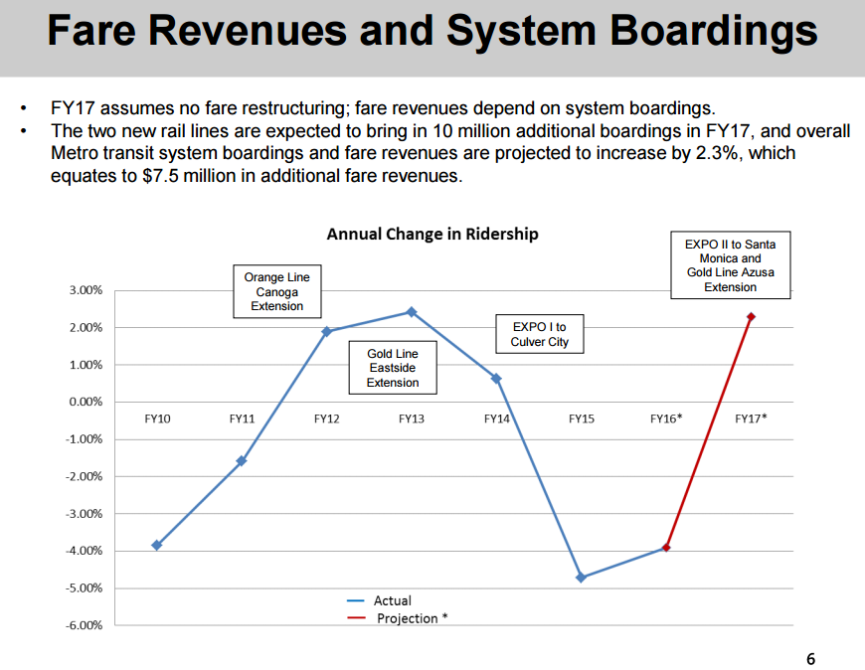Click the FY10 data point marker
pyautogui.click(x=157, y=545)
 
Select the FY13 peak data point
pyautogui.click(x=411, y=312)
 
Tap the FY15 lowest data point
pyautogui.click(x=581, y=578)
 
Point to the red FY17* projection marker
pyautogui.click(x=751, y=317)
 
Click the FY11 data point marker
pyautogui.click(x=242, y=461)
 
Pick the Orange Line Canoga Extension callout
pyautogui.click(x=277, y=291)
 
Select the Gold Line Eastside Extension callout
pyautogui.click(x=393, y=368)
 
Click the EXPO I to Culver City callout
pyautogui.click(x=540, y=334)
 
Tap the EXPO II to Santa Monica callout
pyautogui.click(x=731, y=265)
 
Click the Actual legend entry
pyautogui.click(x=392, y=600)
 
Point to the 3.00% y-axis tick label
pyautogui.click(x=86, y=290)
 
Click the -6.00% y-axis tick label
pyautogui.click(x=85, y=625)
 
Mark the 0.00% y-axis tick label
pyautogui.click(x=86, y=402)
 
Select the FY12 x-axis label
pyautogui.click(x=326, y=419)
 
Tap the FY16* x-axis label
pyautogui.click(x=666, y=419)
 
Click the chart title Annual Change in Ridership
pyautogui.click(x=432, y=235)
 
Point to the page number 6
pyautogui.click(x=810, y=658)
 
